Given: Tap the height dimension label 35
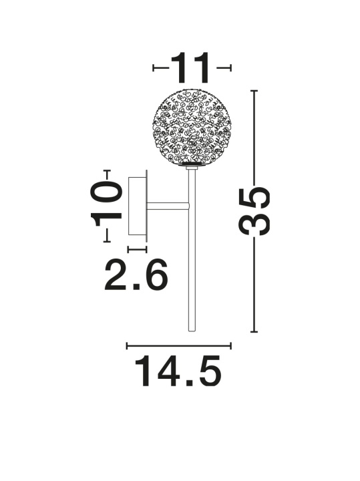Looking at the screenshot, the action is click(254, 211).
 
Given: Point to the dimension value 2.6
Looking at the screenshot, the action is click(136, 275).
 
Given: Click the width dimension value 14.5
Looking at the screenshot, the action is click(178, 371).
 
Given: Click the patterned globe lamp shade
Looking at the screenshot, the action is click(192, 128).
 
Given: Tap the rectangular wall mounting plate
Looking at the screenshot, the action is click(138, 206).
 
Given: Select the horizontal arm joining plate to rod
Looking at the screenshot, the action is click(168, 206).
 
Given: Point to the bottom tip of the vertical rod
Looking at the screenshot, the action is click(192, 331).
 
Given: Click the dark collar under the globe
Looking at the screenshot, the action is click(192, 166).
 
